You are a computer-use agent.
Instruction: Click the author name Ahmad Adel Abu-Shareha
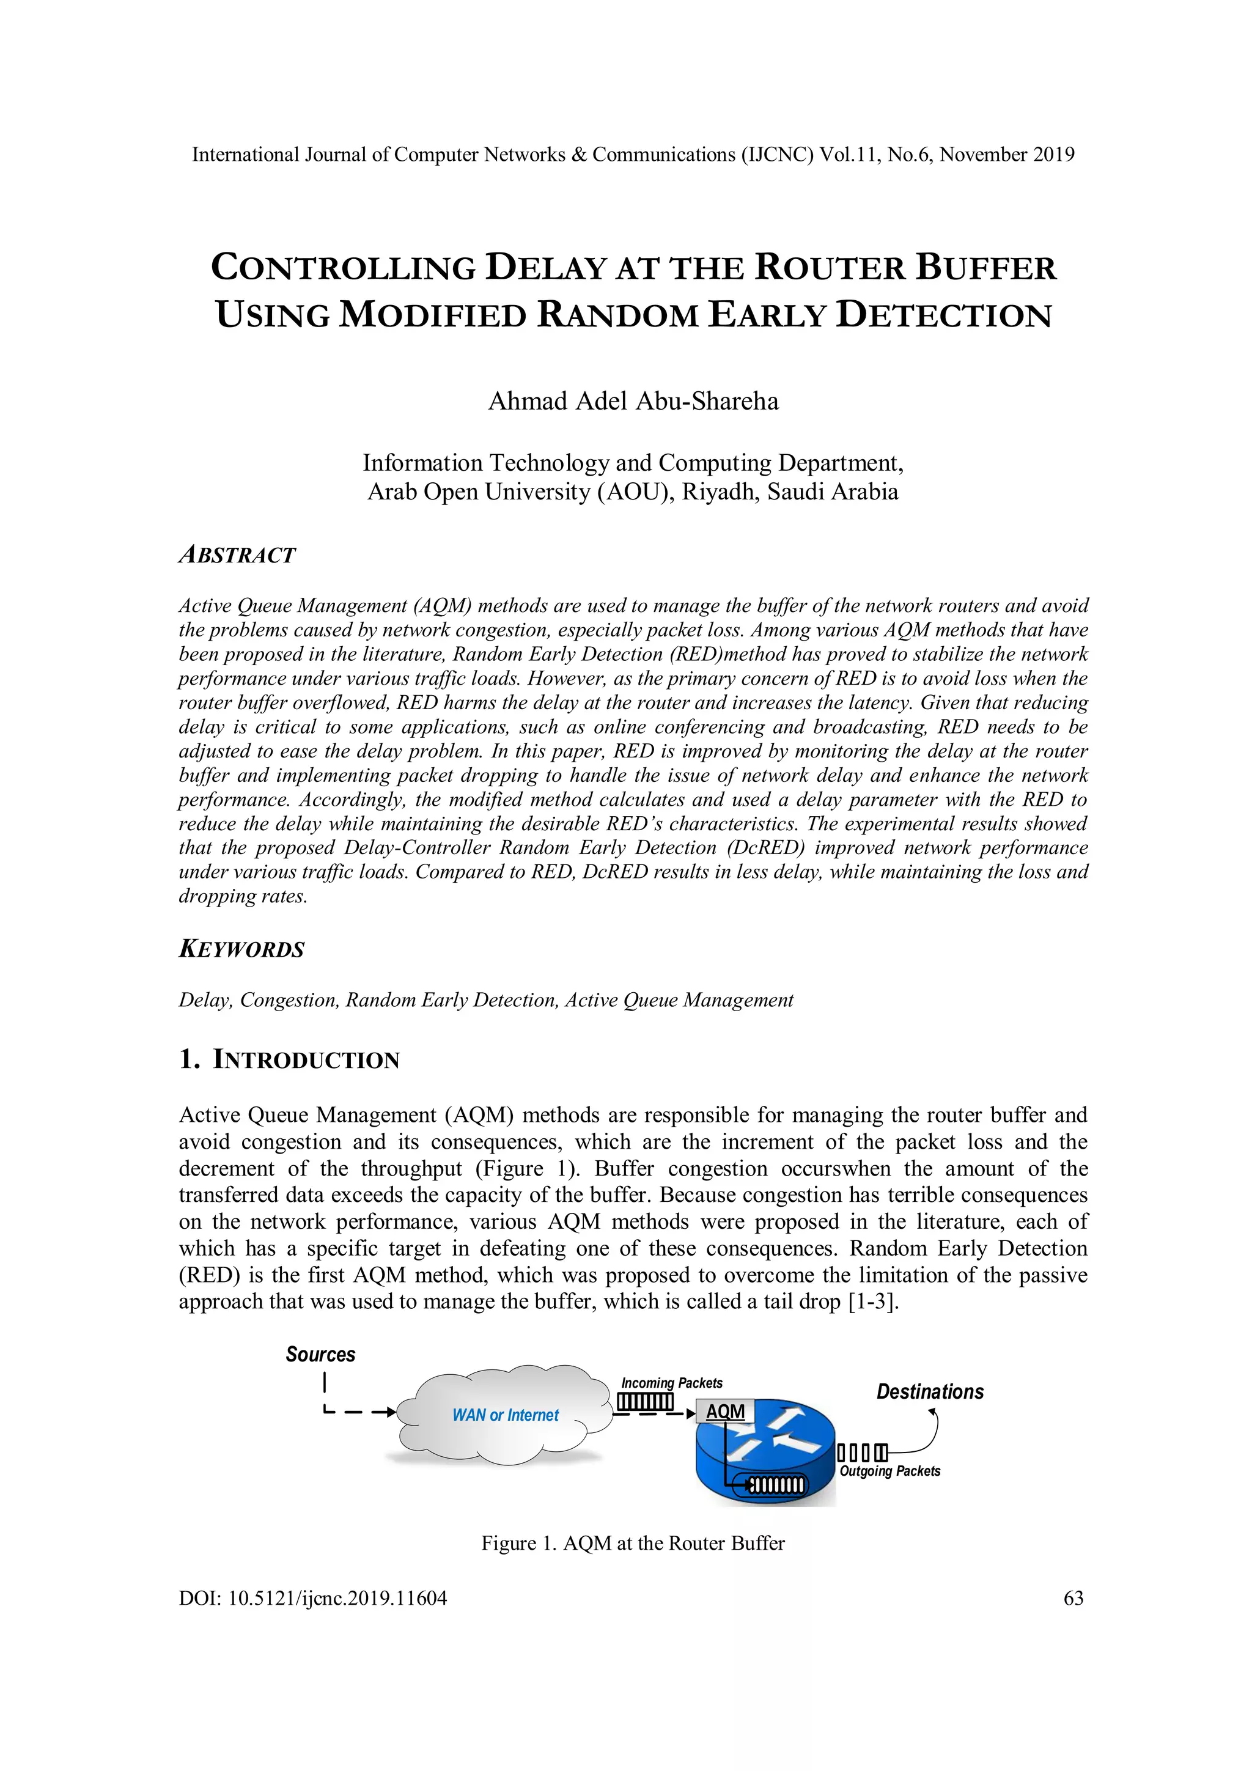pyautogui.click(x=633, y=401)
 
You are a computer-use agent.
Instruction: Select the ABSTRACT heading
pyautogui.click(x=237, y=555)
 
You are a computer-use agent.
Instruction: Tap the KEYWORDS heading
pyautogui.click(x=241, y=949)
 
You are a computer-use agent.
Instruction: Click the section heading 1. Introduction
pyautogui.click(x=289, y=1060)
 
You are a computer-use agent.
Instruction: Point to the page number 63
pyautogui.click(x=1073, y=1598)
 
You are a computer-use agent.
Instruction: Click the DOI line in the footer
pyautogui.click(x=312, y=1598)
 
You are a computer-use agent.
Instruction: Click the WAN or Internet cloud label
pyautogui.click(x=506, y=1415)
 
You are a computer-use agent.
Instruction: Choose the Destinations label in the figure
pyautogui.click(x=930, y=1392)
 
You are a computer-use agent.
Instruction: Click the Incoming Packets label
pyautogui.click(x=672, y=1383)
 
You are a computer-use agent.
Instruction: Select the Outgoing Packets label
pyautogui.click(x=889, y=1471)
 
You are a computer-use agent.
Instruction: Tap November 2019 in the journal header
pyautogui.click(x=1007, y=155)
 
